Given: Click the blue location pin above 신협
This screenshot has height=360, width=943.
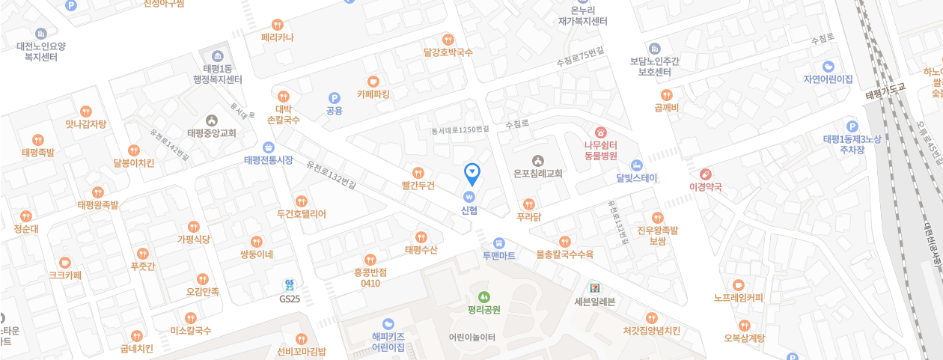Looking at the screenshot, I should (472, 174).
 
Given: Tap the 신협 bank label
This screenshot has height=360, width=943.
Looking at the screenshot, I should (469, 210).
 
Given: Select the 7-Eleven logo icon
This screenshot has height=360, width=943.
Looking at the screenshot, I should (593, 287).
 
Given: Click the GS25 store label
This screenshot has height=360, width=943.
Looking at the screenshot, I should (290, 299).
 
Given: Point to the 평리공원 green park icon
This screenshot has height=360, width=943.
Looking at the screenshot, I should (483, 296).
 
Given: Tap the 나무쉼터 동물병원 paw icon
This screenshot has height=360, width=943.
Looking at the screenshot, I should (600, 132).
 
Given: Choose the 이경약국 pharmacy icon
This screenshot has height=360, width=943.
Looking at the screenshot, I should (705, 174).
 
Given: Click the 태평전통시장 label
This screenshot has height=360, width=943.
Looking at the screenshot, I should (269, 160).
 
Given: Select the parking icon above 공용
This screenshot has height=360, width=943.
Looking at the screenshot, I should (335, 97).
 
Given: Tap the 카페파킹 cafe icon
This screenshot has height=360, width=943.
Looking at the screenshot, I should (373, 82).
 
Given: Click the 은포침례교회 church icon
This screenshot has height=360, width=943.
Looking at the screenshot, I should (537, 160).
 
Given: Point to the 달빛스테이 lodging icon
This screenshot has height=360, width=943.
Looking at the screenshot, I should (636, 165).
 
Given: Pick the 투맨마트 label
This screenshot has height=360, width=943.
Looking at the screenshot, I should (498, 255).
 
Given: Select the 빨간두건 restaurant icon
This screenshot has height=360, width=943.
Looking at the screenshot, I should (418, 173).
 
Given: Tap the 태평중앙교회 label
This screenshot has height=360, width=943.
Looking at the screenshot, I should (212, 133).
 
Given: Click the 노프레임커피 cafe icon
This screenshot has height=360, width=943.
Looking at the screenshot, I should (738, 285).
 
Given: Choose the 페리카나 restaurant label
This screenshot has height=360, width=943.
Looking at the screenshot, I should (278, 37).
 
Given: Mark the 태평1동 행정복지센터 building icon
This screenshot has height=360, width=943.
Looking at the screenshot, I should (218, 57).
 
